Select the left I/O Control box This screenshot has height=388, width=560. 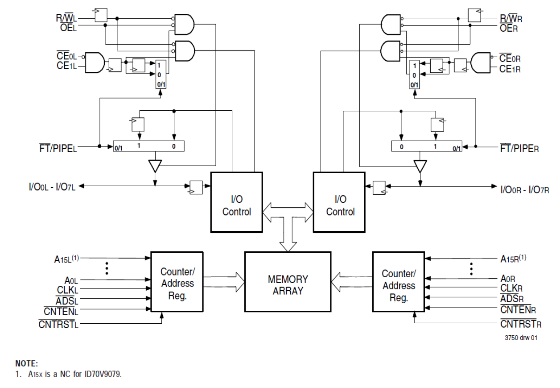(236, 202)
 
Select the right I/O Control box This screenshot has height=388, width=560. (340, 202)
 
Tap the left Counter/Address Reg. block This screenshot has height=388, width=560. (177, 282)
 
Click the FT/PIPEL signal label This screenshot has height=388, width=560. (58, 148)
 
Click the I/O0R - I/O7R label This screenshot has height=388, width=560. (525, 190)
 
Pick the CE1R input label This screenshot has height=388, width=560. (510, 69)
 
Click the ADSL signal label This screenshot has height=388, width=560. (67, 300)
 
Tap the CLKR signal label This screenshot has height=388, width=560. (511, 288)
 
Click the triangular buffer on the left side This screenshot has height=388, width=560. (154, 166)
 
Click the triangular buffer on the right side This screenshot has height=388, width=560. (420, 166)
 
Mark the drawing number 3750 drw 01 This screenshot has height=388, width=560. (521, 338)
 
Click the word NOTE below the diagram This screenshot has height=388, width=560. (27, 363)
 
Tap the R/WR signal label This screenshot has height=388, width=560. (511, 19)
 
